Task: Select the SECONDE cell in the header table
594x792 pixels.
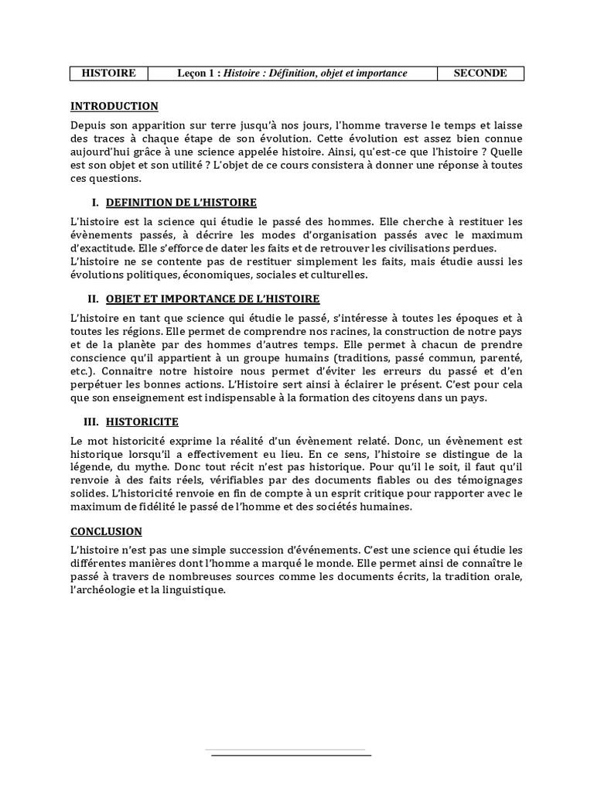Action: point(481,73)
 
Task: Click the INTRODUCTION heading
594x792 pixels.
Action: point(114,107)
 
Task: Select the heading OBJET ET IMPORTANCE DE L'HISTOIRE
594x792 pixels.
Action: point(213,299)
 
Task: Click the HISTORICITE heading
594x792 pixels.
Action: point(142,422)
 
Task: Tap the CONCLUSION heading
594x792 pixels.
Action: point(106,531)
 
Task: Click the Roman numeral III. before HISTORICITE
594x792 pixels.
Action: point(92,422)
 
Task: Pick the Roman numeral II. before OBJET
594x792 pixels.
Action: point(94,299)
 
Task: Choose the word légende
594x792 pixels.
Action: point(92,467)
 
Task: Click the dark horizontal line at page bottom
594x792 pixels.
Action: point(291,755)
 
